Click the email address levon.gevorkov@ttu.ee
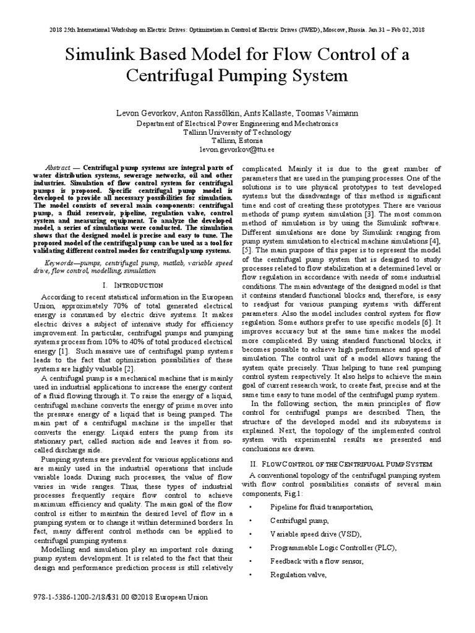click(237, 150)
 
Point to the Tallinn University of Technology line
click(237, 132)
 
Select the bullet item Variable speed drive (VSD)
click(307, 534)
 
